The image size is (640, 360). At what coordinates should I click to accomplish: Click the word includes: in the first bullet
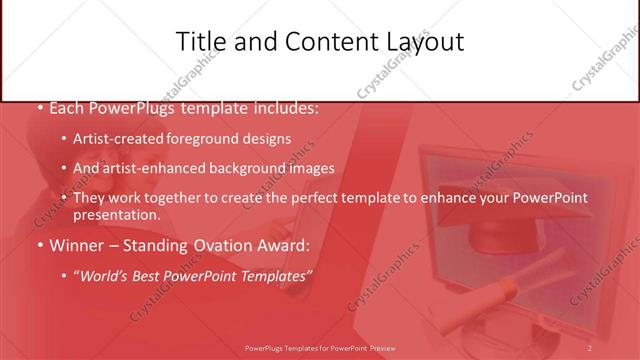click(x=282, y=107)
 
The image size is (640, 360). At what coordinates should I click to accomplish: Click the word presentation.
click(x=116, y=214)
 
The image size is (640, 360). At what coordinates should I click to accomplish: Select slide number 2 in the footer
click(x=590, y=347)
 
